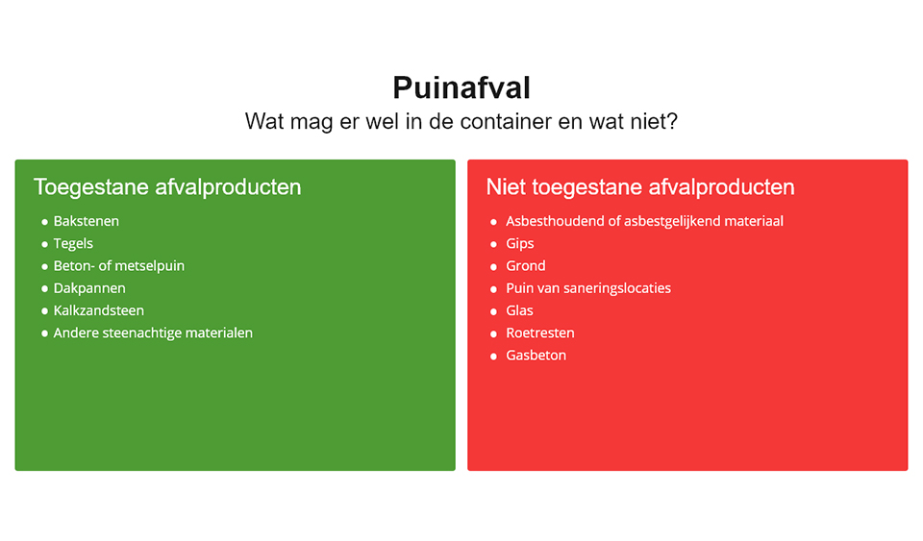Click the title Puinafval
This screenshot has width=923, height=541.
461,87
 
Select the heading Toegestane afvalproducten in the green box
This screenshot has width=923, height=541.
167,187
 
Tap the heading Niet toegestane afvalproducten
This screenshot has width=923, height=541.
640,187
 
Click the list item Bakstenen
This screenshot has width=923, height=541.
86,221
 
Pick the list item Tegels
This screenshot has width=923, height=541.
73,244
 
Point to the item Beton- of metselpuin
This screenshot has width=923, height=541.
119,266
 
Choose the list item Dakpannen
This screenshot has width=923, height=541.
89,288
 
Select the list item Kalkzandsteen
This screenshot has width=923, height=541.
98,310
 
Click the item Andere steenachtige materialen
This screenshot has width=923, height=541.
153,333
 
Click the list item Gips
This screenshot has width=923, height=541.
520,244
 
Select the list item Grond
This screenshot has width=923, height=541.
526,266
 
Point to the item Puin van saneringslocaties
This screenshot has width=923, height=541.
588,288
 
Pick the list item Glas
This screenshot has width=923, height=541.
519,310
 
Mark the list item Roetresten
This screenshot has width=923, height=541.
539,332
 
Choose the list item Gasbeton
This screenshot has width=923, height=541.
536,356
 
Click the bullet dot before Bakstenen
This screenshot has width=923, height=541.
45,222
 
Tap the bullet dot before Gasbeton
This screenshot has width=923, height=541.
493,357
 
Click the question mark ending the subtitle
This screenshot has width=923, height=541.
672,121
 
